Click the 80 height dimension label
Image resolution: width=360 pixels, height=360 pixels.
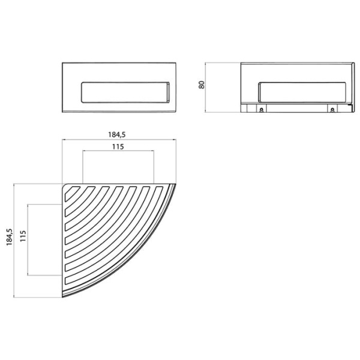(203, 86)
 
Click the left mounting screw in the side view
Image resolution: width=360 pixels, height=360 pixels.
(262, 110)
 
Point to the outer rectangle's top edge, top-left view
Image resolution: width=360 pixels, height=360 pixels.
(120, 62)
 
